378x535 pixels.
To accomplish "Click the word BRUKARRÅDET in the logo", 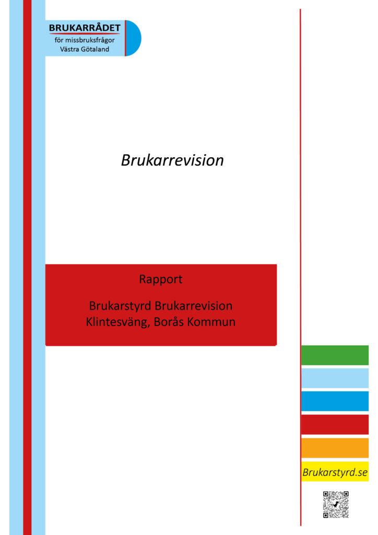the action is (85, 28).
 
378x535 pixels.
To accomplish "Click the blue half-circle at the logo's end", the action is (134, 38).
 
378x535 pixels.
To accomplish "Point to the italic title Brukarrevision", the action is (172, 160).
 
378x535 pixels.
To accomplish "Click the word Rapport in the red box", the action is (160, 280).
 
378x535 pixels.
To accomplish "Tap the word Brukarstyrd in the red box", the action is (120, 306).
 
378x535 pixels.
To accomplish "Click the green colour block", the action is (335, 355).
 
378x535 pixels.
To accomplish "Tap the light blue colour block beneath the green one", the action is (335, 378).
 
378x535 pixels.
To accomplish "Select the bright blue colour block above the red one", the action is (335, 401).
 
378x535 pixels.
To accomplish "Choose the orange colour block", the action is (335, 448).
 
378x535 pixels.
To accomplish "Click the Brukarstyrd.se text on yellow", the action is (335, 472).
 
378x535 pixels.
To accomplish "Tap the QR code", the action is (336, 505).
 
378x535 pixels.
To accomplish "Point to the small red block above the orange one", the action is (335, 424).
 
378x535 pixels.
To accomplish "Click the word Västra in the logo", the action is (69, 49).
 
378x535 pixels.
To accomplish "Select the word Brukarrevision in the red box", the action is (194, 306).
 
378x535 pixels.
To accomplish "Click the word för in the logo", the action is (59, 40).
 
